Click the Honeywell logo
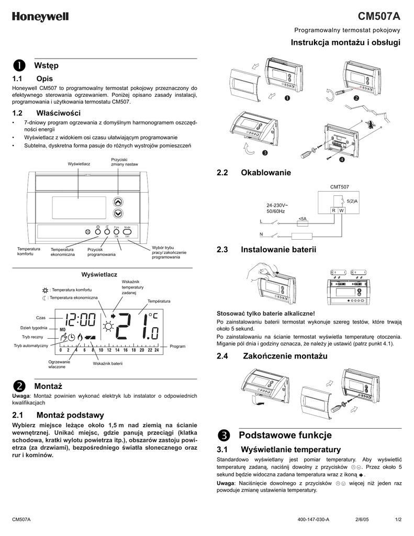pos(40,17)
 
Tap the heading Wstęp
pos(46,65)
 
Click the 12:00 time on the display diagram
pos(79,319)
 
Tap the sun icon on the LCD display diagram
pos(109,327)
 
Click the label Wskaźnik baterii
pos(108,363)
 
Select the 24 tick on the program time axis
pos(156,350)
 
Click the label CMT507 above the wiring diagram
pos(340,186)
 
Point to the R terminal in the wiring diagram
pos(333,210)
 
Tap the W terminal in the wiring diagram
pos(341,210)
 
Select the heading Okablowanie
pos(265,173)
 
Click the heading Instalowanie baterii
pos(278,250)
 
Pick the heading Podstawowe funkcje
pos(285,435)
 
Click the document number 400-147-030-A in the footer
pos(313,519)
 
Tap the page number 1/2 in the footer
pos(398,519)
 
